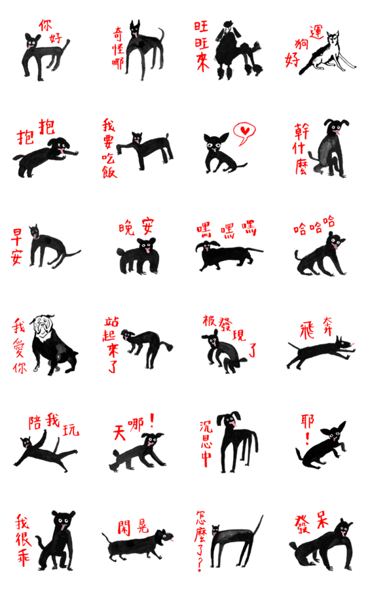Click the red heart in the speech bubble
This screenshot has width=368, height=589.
click(245, 131)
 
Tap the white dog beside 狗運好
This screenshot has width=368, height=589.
click(327, 54)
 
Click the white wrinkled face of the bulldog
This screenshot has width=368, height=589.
click(42, 328)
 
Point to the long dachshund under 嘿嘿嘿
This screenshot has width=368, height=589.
click(225, 255)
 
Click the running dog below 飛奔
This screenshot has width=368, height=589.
click(320, 352)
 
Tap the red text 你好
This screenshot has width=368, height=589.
click(50, 31)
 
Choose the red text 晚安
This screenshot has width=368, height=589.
click(136, 226)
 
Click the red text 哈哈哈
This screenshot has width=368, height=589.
click(314, 225)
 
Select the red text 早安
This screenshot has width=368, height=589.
click(16, 247)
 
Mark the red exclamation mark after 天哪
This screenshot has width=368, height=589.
click(152, 421)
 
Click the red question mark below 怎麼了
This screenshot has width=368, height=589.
click(200, 564)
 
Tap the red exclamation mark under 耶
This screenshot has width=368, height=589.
click(307, 438)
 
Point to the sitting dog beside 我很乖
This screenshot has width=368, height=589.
click(56, 541)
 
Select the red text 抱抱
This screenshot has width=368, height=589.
click(36, 132)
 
